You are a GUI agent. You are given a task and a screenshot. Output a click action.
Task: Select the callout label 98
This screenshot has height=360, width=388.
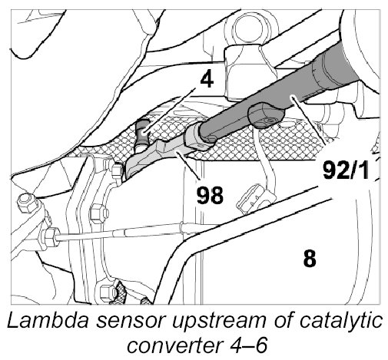pos(210,195)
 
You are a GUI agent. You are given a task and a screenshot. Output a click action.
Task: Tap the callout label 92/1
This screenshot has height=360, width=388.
pos(345,170)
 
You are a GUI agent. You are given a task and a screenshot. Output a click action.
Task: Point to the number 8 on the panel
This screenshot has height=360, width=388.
pos(310,258)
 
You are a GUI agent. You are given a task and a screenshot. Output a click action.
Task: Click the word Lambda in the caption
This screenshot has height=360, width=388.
pos(48,321)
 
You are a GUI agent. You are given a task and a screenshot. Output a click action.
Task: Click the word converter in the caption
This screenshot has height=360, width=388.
pos(174,346)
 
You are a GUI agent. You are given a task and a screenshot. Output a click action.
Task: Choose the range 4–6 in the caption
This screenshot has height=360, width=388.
pos(247,345)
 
